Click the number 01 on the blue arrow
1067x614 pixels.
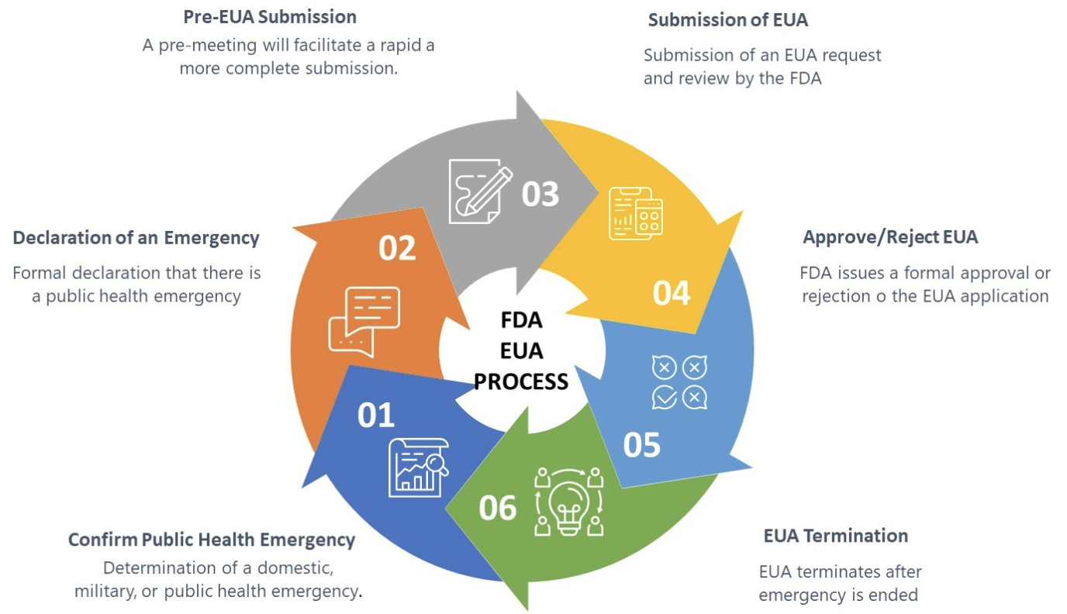(376, 416)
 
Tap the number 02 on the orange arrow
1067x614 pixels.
(397, 248)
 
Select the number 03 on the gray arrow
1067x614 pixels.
(540, 194)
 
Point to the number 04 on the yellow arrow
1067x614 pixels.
(672, 293)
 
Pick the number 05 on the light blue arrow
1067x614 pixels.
(642, 445)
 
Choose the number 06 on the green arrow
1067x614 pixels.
(497, 508)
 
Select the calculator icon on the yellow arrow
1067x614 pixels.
(636, 213)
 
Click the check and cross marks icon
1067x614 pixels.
(680, 382)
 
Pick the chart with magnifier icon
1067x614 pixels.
(418, 467)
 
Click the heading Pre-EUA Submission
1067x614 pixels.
(270, 16)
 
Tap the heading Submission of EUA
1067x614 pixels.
(727, 20)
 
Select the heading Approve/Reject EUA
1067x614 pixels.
(890, 237)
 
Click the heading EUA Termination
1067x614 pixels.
(835, 536)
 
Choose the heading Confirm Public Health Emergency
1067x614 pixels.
(212, 540)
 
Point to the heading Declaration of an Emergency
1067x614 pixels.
(136, 238)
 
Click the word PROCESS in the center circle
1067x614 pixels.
(521, 381)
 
